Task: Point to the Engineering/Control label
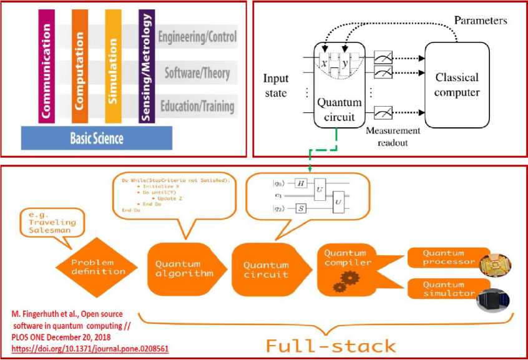(x=197, y=37)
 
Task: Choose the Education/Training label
(x=197, y=106)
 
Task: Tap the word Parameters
(x=481, y=21)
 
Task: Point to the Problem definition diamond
(x=97, y=268)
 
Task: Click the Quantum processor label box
(x=444, y=258)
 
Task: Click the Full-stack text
(x=330, y=345)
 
